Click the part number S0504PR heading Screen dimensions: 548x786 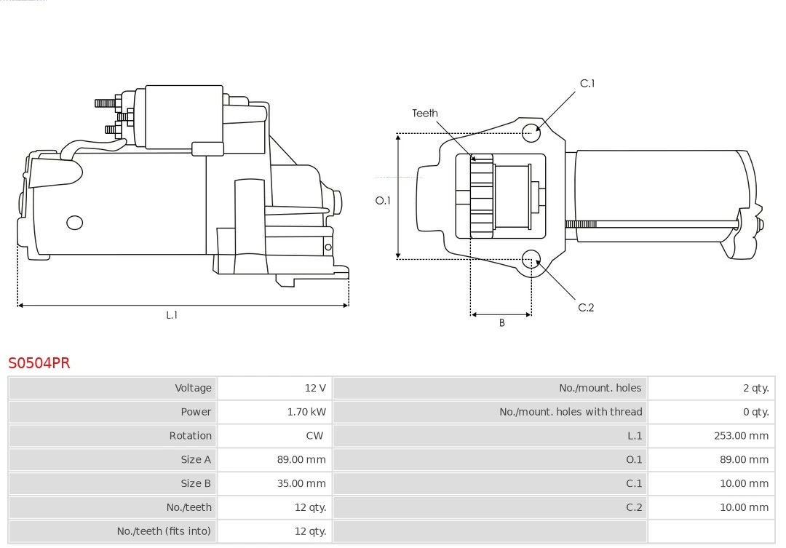pos(39,362)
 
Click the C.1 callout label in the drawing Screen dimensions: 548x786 pos(587,84)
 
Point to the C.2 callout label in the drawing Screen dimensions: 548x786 pos(586,308)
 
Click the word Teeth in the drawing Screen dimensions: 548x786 pos(425,113)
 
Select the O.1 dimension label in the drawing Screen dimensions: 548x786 pos(383,201)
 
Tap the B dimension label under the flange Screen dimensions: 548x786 pos(501,323)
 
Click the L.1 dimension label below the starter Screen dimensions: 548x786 pos(172,315)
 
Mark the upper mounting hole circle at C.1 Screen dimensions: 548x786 pos(532,131)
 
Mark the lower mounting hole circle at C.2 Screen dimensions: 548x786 pos(531,259)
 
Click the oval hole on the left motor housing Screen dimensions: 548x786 pos(74,223)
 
